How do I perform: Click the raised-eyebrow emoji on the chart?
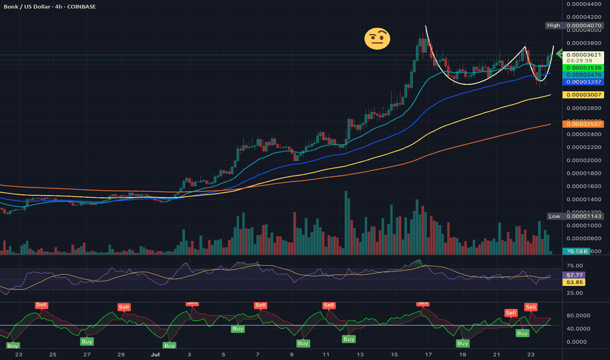(377, 39)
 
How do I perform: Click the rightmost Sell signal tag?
(531, 307)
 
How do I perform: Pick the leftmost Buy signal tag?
(13, 345)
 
